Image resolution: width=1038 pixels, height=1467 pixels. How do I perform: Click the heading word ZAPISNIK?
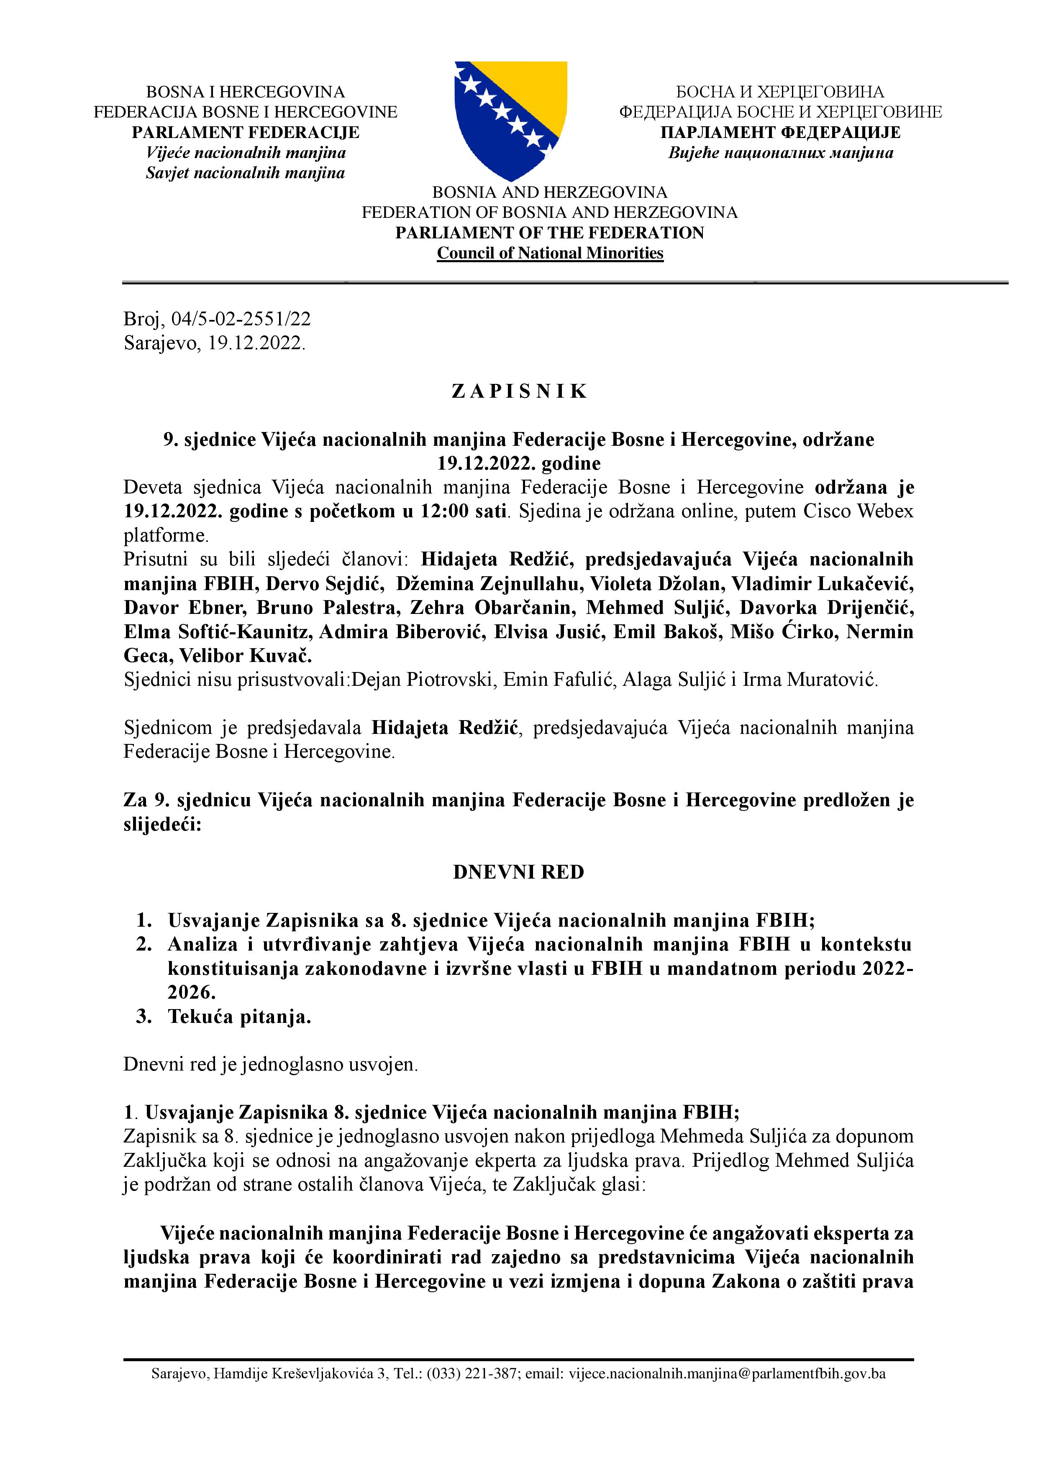tap(519, 391)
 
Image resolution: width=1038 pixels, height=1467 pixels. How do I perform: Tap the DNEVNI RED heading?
tap(518, 872)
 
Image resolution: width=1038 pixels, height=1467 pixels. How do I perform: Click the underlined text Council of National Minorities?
tap(550, 253)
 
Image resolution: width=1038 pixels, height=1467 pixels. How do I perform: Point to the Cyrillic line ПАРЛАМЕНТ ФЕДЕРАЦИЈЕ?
tap(780, 132)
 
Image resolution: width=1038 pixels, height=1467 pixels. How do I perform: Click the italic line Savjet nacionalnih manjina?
tap(246, 173)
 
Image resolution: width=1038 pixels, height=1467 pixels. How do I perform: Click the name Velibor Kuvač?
tap(246, 656)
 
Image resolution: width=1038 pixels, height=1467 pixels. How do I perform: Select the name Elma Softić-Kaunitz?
tap(217, 631)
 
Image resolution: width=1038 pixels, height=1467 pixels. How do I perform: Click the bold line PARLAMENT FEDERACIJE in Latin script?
tap(246, 132)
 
